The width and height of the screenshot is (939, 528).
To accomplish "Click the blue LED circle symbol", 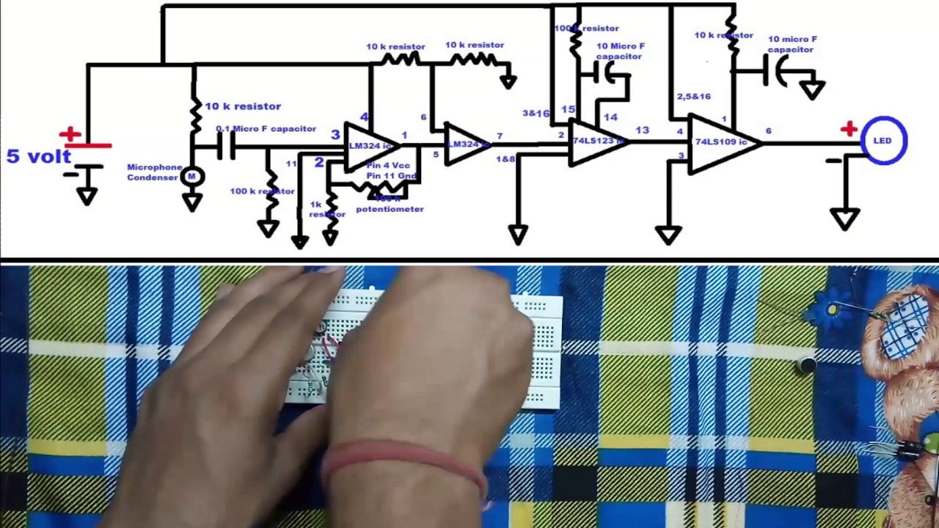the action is pyautogui.click(x=883, y=140).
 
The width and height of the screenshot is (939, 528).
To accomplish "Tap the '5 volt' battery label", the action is pyautogui.click(x=38, y=156).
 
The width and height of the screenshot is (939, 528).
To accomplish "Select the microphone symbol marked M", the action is pyautogui.click(x=192, y=176).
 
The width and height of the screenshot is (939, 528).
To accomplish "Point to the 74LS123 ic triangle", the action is pyautogui.click(x=596, y=141).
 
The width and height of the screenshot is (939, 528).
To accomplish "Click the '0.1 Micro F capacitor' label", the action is pyautogui.click(x=266, y=129).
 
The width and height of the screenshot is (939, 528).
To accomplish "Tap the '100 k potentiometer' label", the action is pyautogui.click(x=390, y=205).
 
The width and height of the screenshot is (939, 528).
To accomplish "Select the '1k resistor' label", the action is pyautogui.click(x=326, y=210).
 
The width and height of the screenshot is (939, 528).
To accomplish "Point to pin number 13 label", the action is pyautogui.click(x=642, y=131).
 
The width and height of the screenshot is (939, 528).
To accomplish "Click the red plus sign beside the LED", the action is pyautogui.click(x=849, y=130).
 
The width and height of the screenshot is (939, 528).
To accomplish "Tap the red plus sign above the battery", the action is pyautogui.click(x=70, y=134).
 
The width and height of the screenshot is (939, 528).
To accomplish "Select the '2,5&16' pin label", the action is pyautogui.click(x=693, y=97).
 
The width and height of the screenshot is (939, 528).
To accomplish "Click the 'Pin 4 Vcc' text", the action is pyautogui.click(x=388, y=166).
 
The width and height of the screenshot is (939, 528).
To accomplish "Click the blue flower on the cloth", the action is pyautogui.click(x=830, y=310).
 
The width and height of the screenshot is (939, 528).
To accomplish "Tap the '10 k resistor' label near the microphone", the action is pyautogui.click(x=242, y=106).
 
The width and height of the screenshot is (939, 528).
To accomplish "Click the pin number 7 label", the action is pyautogui.click(x=500, y=136).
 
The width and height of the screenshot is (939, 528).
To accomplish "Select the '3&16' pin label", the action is pyautogui.click(x=536, y=114).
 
